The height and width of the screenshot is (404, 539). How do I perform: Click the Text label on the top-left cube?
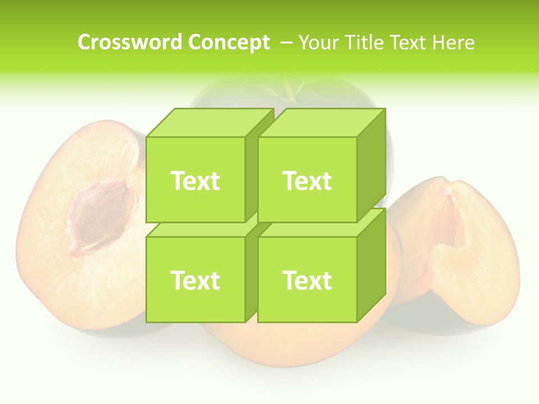pyautogui.click(x=195, y=181)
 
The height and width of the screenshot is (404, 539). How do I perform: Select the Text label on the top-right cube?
pyautogui.click(x=307, y=181)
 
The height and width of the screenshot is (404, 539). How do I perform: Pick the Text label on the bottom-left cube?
pyautogui.click(x=195, y=280)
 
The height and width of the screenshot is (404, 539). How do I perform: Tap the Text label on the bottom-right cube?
pyautogui.click(x=307, y=280)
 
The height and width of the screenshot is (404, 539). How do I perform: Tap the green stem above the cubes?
pyautogui.click(x=292, y=90)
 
